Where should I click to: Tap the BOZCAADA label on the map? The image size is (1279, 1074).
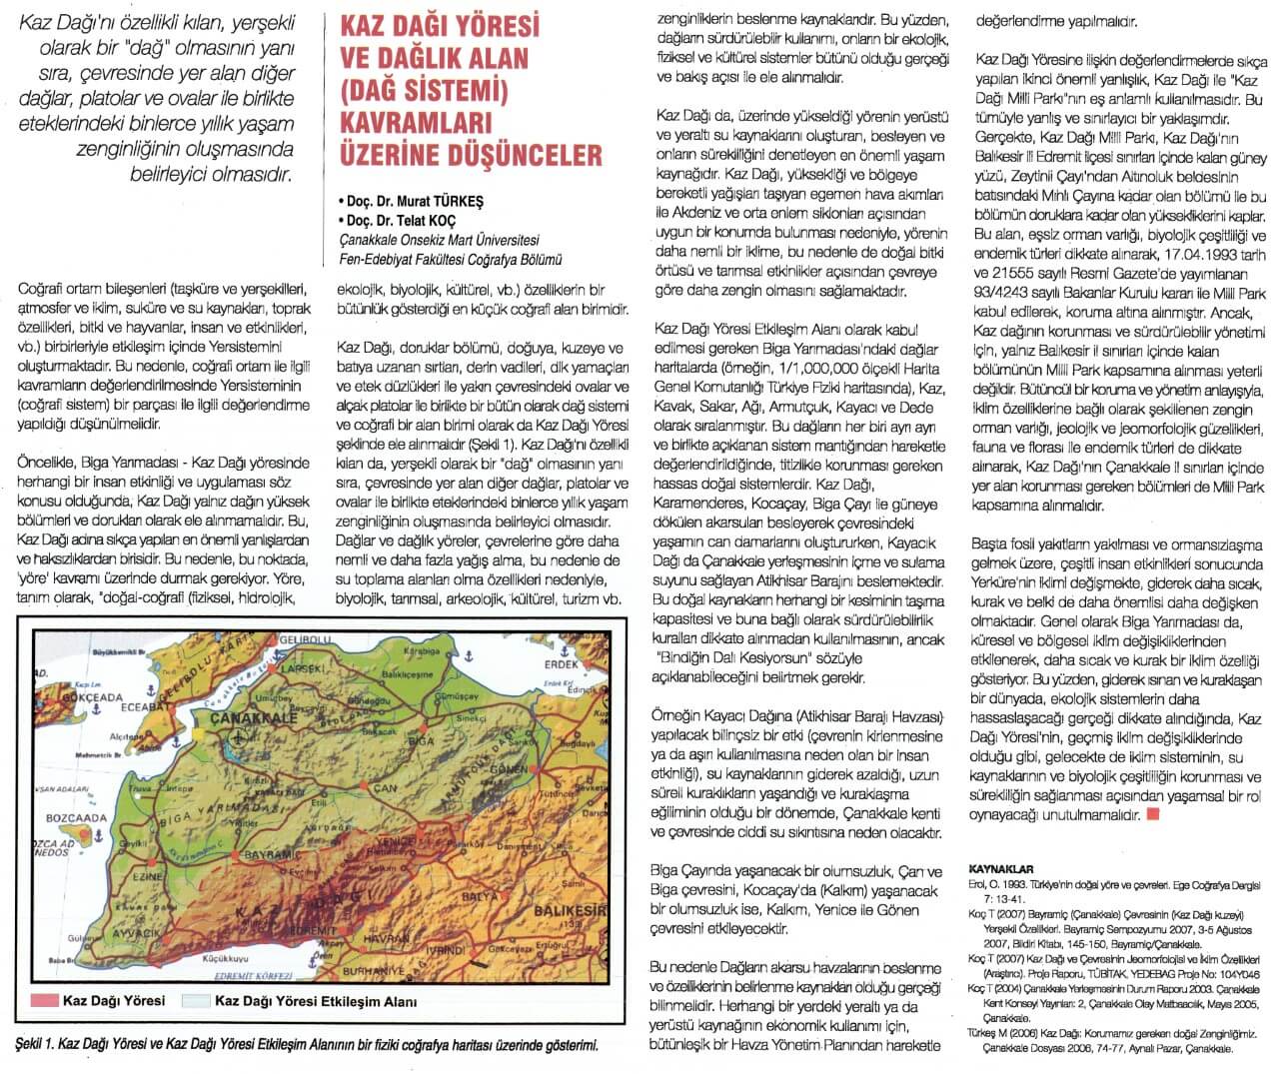pyautogui.click(x=76, y=818)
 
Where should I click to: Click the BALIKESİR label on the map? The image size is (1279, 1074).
pyautogui.click(x=571, y=911)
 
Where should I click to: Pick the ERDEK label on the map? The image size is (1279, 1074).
pyautogui.click(x=562, y=664)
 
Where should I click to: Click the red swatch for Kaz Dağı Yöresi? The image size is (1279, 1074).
pyautogui.click(x=45, y=1000)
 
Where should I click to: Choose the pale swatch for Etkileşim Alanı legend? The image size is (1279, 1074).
pyautogui.click(x=197, y=1000)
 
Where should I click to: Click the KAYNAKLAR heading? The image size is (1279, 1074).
pyautogui.click(x=1001, y=868)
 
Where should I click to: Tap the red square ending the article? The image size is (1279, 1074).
pyautogui.click(x=1153, y=814)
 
